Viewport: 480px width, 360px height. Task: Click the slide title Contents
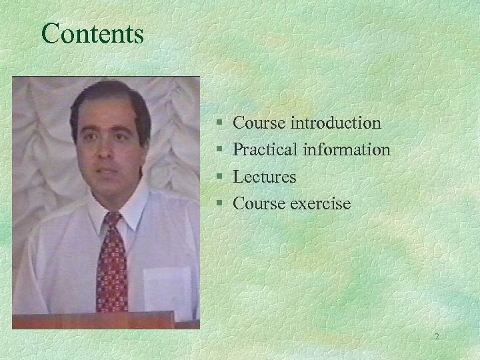pos(92,33)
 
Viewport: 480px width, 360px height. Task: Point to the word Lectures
pos(265,177)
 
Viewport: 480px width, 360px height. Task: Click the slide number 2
pos(437,337)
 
